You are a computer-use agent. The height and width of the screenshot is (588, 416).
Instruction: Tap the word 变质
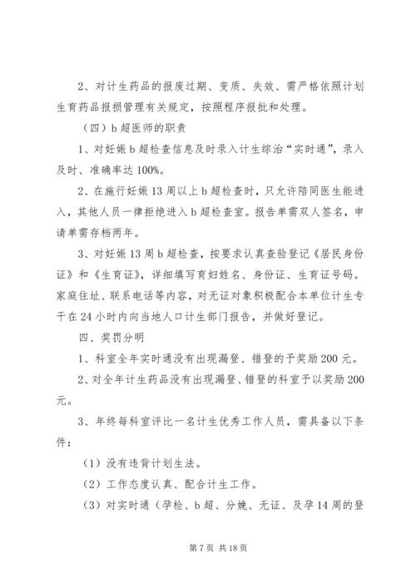point(218,84)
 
